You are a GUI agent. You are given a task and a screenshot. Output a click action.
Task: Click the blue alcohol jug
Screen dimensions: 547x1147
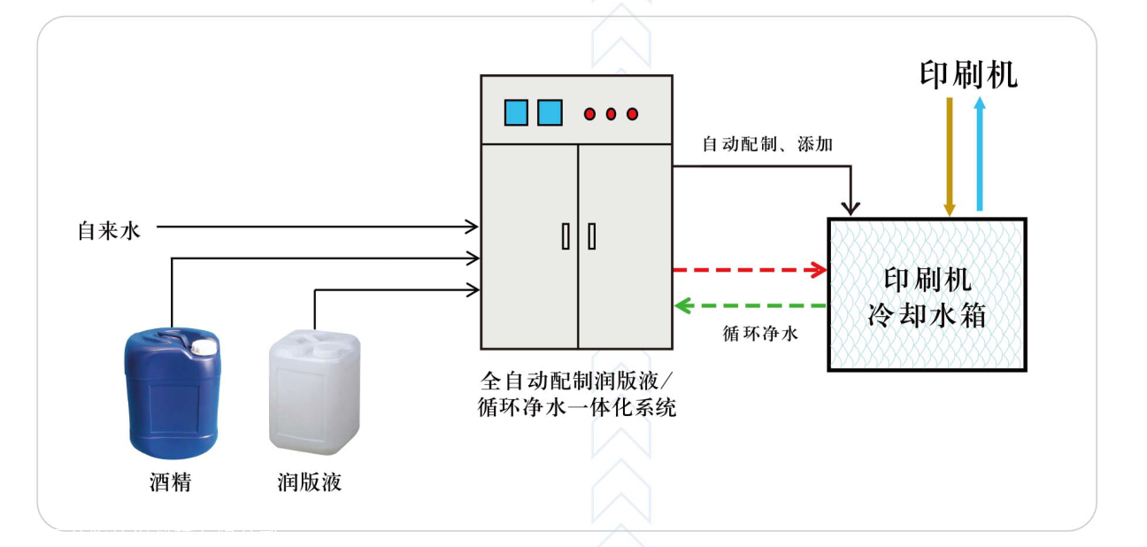171,394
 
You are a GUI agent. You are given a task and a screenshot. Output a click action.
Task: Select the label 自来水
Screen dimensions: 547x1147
109,231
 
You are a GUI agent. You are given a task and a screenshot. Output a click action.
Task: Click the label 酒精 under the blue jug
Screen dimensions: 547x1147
170,483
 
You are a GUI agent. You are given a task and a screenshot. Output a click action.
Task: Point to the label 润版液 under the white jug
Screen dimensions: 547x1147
309,483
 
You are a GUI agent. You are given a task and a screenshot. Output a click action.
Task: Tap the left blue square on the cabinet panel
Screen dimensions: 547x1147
516,112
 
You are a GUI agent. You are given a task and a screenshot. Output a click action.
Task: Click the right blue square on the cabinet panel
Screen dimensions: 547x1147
550,112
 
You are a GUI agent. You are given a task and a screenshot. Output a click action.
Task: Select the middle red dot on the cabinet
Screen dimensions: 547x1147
611,113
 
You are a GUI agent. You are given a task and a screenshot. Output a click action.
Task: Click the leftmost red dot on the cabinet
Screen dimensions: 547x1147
589,113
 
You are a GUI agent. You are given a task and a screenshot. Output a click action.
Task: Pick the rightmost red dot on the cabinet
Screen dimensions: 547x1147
632,113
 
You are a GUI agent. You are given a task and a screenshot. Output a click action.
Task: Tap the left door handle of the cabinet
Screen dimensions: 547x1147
566,236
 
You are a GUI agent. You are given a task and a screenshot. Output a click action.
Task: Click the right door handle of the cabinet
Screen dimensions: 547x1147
591,236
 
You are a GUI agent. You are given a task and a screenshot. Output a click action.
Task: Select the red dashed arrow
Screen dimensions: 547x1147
749,269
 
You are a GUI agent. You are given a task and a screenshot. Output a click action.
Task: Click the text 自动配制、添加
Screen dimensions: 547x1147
766,144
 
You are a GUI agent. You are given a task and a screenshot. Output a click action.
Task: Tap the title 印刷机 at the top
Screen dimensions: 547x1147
968,74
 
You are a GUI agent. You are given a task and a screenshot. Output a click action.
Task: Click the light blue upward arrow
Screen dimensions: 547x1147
979,155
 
